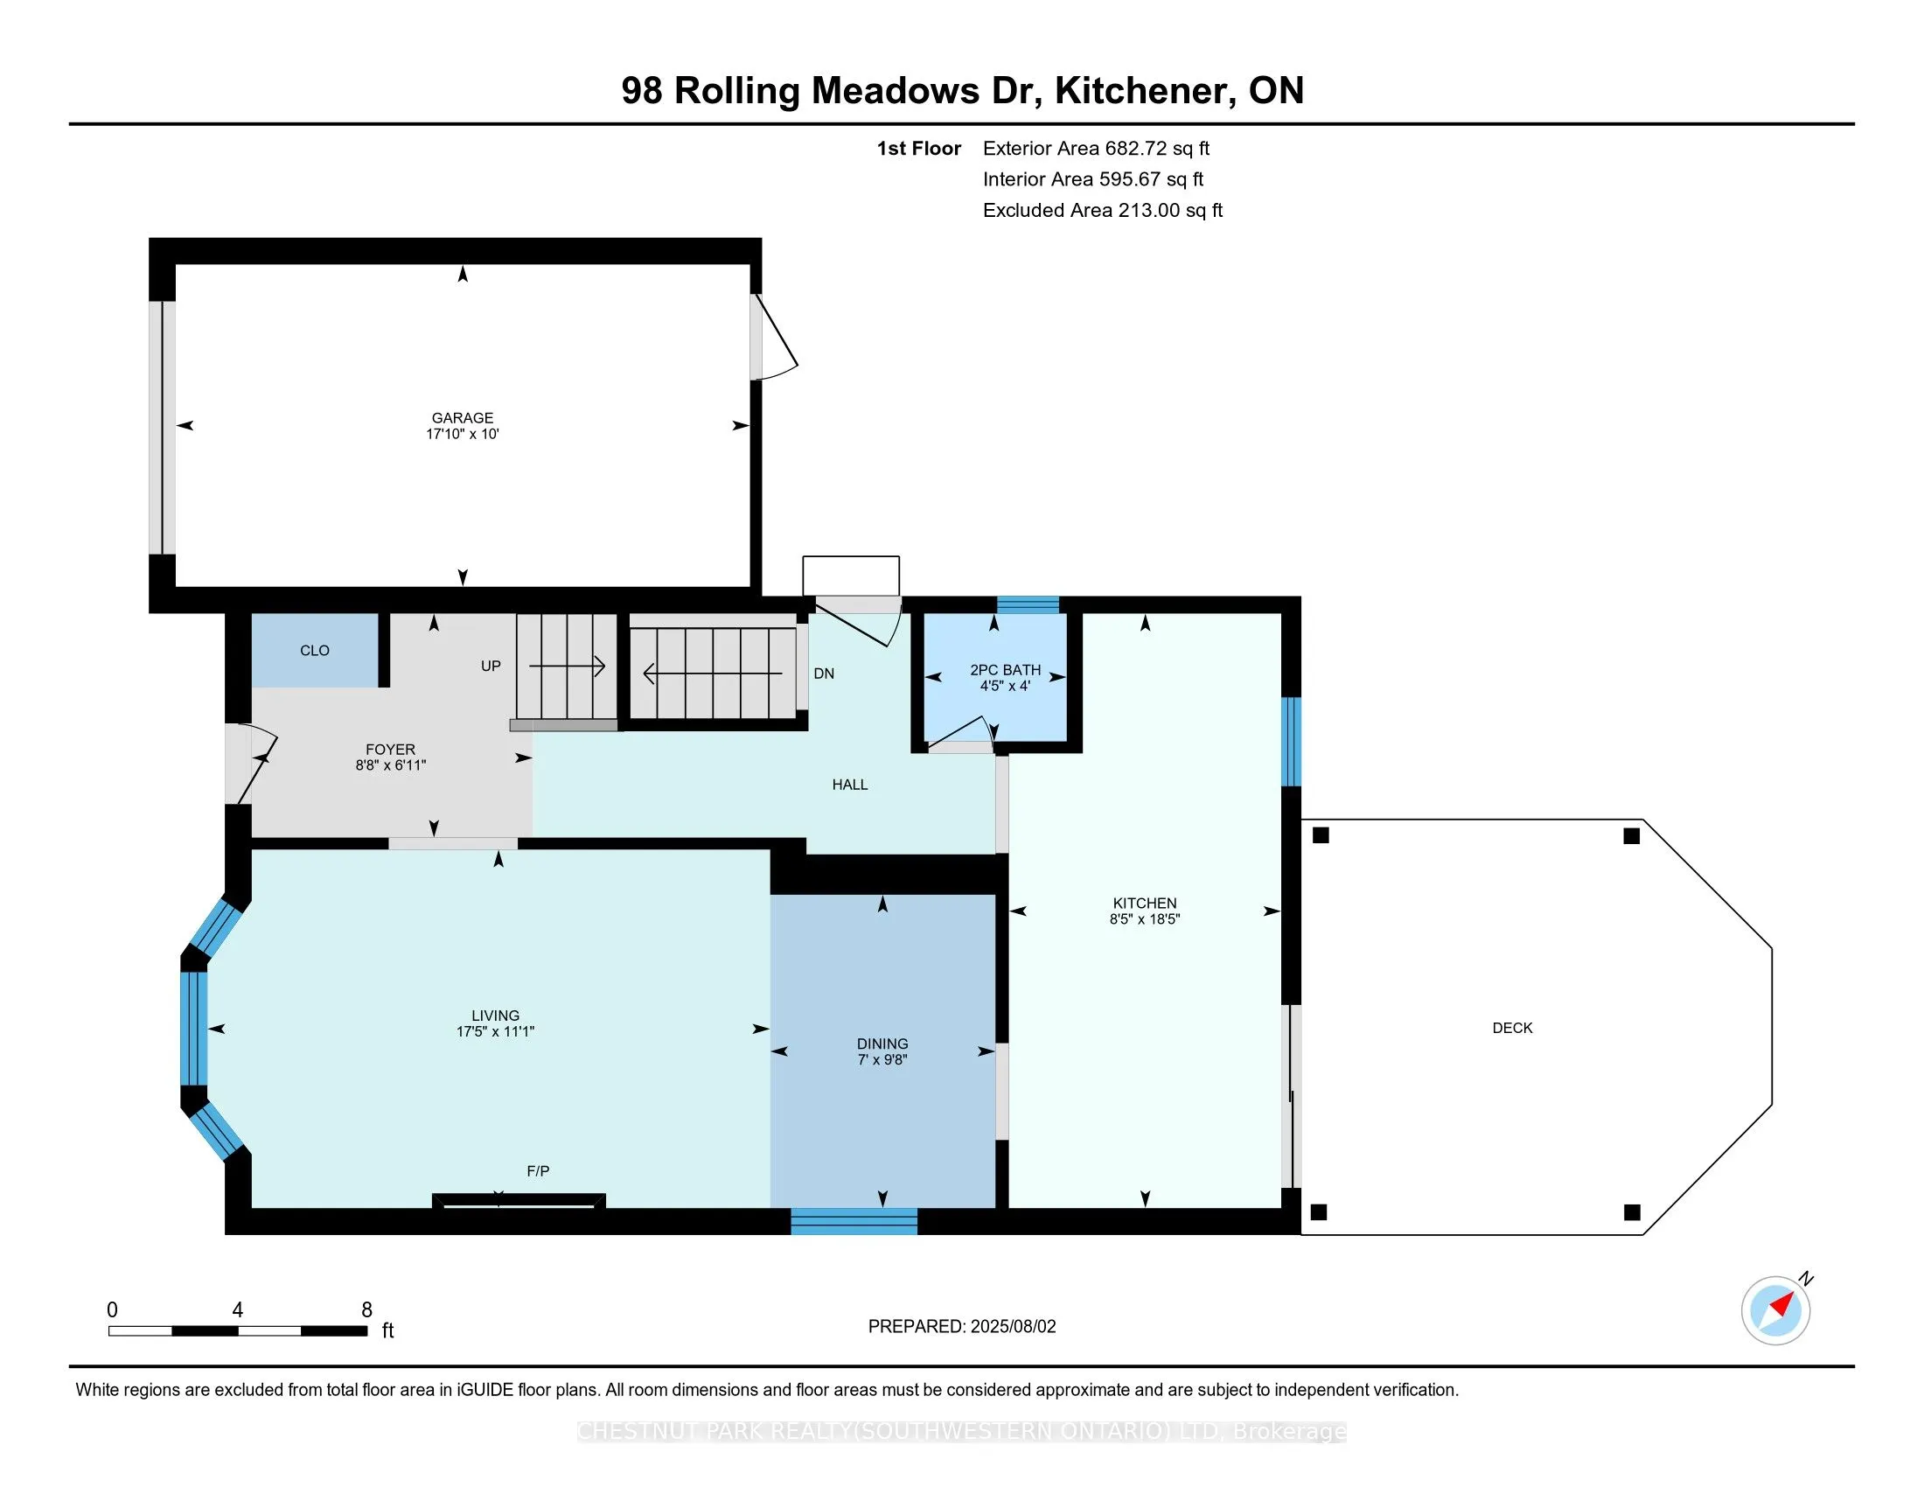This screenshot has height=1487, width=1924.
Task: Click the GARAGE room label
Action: [x=463, y=417]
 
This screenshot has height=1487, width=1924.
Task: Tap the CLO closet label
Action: [x=315, y=650]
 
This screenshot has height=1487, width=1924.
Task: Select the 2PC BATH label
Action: [x=1005, y=669]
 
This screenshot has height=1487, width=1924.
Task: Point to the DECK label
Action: [x=1513, y=1027]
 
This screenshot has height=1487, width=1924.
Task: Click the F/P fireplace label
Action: [x=538, y=1170]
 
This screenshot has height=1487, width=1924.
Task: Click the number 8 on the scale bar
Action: [x=366, y=1310]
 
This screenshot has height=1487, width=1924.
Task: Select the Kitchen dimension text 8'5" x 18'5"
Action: [x=1145, y=918]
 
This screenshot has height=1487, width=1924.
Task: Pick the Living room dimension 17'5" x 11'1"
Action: [x=495, y=1030]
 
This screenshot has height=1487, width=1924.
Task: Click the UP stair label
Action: [x=491, y=666]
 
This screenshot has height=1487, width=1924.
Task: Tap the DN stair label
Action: [x=824, y=674]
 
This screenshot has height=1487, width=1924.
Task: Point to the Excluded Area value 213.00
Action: [x=1149, y=210]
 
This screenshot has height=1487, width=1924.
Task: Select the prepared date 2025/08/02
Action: [x=1013, y=1326]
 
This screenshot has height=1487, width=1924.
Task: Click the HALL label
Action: [x=850, y=784]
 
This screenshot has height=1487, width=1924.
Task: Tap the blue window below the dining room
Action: [x=854, y=1221]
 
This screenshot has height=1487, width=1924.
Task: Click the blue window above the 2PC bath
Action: [x=1028, y=604]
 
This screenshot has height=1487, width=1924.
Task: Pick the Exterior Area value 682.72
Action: [x=1135, y=148]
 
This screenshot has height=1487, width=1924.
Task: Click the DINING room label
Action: [x=882, y=1043]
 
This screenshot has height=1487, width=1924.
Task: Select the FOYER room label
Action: [x=390, y=750]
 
